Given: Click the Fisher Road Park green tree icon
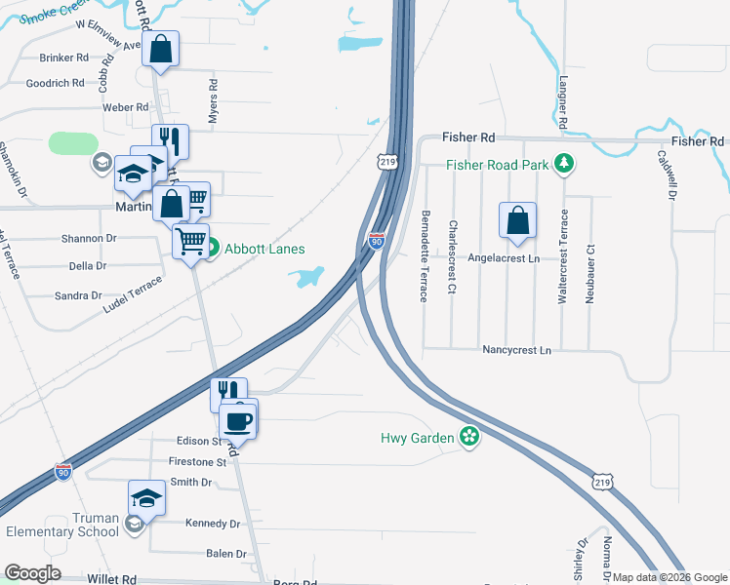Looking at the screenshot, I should point(562,165).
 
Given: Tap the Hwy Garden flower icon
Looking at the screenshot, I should point(469,437).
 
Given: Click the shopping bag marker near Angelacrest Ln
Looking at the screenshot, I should point(517,220).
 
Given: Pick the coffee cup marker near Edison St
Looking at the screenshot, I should point(238,420).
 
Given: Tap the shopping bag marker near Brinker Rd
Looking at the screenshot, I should point(161,49).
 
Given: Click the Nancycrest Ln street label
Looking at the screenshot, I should point(516,349).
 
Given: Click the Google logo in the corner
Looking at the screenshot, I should point(32,573).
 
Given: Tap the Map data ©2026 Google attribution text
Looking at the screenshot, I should point(669,577).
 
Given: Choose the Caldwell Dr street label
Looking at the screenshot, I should point(667,174).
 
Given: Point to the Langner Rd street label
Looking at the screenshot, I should point(563,103).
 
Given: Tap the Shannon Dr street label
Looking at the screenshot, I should point(89,238).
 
